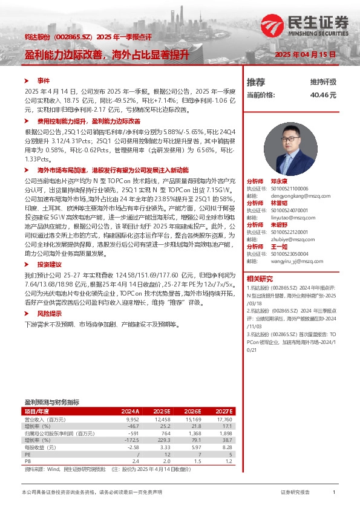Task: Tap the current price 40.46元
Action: [322, 95]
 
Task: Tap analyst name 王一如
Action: [278, 247]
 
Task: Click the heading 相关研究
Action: [259, 279]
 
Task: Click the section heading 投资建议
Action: [49, 265]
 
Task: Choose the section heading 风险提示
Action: [49, 314]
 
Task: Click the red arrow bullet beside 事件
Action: [26, 80]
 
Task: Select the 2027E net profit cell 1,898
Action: [224, 433]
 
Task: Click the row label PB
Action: [27, 461]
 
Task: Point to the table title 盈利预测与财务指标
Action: [51, 402]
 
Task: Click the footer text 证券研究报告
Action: [295, 493]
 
